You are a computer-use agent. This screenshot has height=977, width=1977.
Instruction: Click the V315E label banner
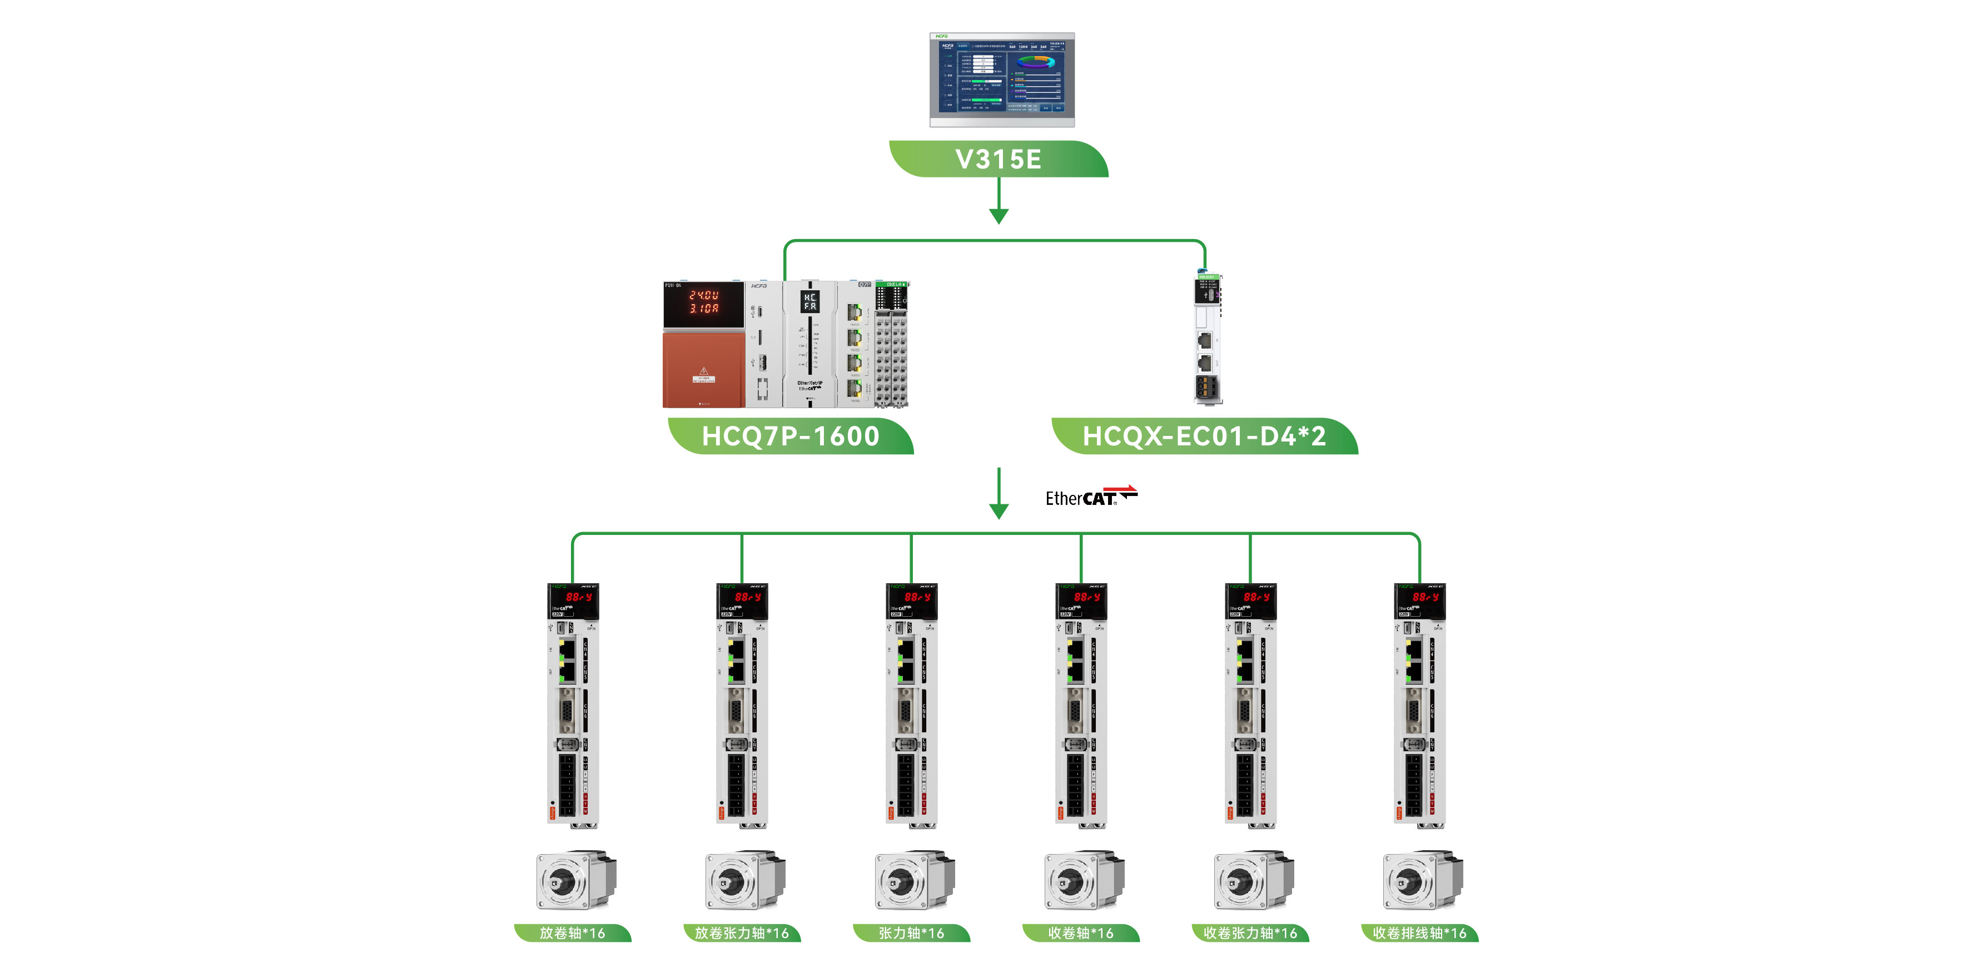[x=998, y=159]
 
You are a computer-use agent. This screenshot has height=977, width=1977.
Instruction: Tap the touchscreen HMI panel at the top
[x=1001, y=79]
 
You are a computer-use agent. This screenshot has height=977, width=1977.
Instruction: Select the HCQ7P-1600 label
[x=791, y=436]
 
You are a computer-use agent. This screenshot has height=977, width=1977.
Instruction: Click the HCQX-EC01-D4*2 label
[x=1204, y=436]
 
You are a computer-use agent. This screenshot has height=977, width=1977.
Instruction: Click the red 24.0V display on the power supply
[x=703, y=301]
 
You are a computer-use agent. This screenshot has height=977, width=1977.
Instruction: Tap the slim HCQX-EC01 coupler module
[x=1207, y=339]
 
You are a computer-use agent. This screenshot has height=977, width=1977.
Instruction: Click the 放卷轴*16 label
[x=573, y=933]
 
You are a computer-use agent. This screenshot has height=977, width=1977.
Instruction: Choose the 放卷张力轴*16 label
[x=742, y=933]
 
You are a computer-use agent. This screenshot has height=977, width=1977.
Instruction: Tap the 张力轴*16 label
[x=911, y=933]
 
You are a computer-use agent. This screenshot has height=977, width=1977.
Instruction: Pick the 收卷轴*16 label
[x=1081, y=933]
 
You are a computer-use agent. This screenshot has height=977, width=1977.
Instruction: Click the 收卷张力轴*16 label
[x=1250, y=933]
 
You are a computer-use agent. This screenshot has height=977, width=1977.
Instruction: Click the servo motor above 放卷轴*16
[x=575, y=880]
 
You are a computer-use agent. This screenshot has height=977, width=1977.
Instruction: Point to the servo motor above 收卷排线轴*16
[x=1422, y=880]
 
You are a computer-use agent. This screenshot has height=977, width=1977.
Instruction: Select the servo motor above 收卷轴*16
[x=1084, y=880]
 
